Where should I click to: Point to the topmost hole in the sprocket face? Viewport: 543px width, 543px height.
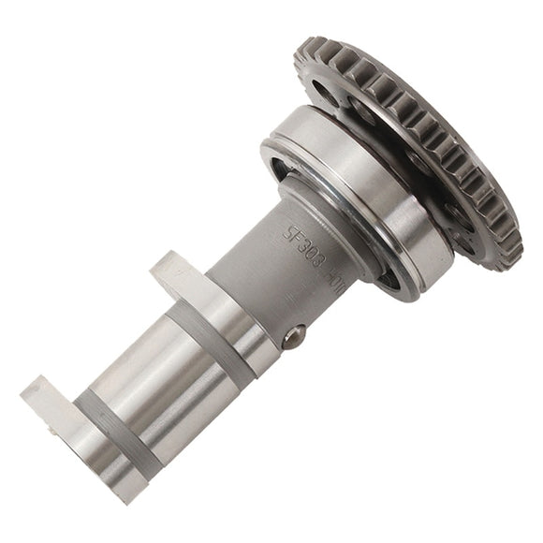pos(323,89)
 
